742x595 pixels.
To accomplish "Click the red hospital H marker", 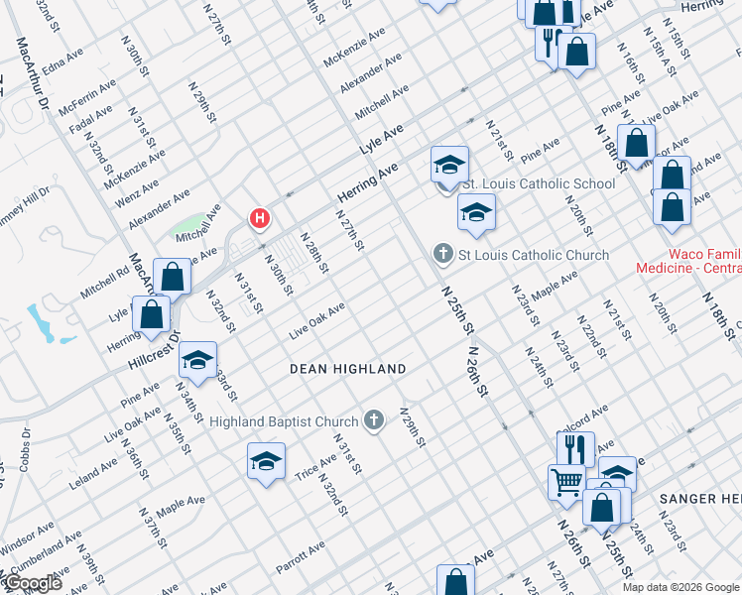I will point(260,218).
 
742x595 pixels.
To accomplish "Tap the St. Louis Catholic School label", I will point(539,183).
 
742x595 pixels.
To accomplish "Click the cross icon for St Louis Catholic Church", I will point(443,255).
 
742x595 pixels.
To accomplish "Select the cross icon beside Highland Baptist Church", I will point(374,421).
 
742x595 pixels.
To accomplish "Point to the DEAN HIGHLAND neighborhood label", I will point(347,369).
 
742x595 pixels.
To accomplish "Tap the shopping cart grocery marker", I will point(565,481).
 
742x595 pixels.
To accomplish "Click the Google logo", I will point(32,583).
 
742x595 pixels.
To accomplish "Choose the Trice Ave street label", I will point(315,467).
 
